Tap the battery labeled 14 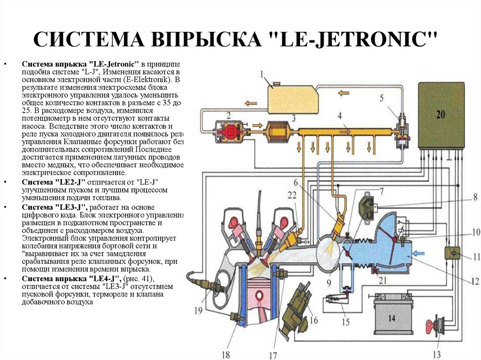tap(392, 316)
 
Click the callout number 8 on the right tap(475, 197)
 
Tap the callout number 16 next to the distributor tap(313, 320)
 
